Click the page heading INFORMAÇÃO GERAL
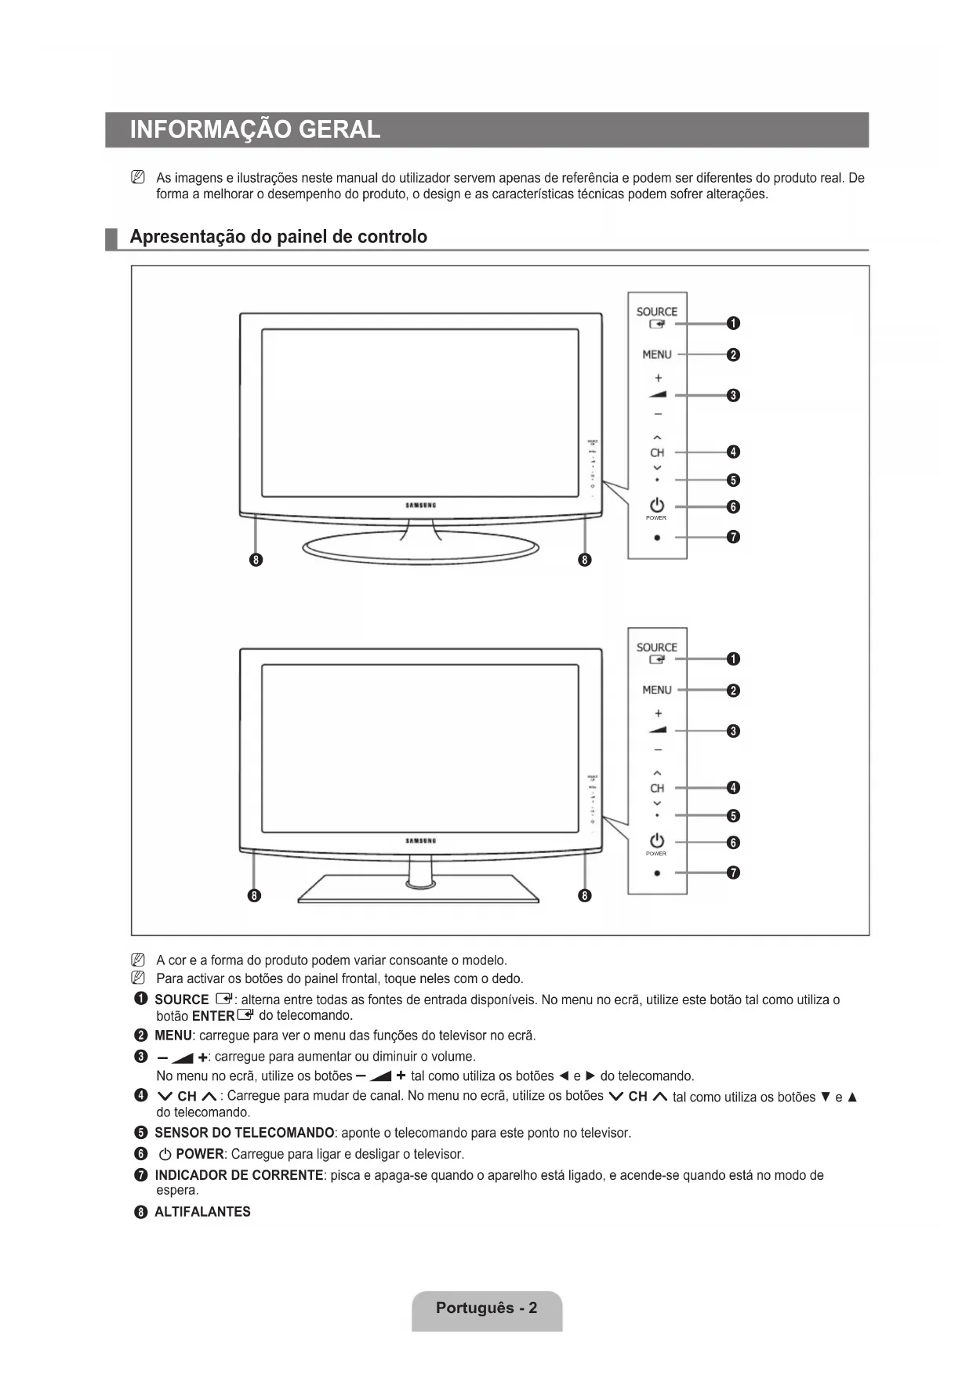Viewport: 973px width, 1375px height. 255,129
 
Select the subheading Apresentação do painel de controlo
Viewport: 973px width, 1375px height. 278,237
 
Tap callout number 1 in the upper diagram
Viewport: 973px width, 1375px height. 733,324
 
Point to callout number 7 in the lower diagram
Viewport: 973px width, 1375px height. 733,873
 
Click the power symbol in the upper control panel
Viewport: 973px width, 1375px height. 657,506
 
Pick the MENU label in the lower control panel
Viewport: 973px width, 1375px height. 657,690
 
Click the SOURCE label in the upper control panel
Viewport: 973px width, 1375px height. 657,312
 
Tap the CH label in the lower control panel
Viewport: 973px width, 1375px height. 657,788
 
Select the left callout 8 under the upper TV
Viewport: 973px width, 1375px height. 256,560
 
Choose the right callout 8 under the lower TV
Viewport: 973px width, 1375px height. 585,895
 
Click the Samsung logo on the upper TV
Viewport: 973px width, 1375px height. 421,506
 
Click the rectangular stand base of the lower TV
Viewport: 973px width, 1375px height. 418,891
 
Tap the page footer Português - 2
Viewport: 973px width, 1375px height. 487,1308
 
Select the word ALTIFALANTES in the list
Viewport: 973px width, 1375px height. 202,1211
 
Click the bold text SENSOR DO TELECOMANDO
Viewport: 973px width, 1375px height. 245,1133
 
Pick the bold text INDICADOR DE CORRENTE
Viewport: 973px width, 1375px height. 239,1175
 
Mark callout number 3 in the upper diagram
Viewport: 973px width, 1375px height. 733,395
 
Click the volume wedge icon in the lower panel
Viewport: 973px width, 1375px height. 657,731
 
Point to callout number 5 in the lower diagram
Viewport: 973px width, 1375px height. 733,816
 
